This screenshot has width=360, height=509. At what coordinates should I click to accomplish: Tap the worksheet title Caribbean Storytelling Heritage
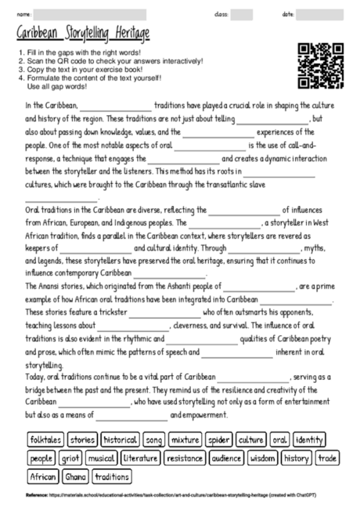pyautogui.click(x=84, y=33)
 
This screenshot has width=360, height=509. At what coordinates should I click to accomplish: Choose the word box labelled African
pyautogui.click(x=43, y=476)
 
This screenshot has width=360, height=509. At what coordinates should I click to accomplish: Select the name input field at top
pyautogui.click(x=90, y=14)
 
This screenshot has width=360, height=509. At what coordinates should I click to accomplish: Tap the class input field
pyautogui.click(x=242, y=14)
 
